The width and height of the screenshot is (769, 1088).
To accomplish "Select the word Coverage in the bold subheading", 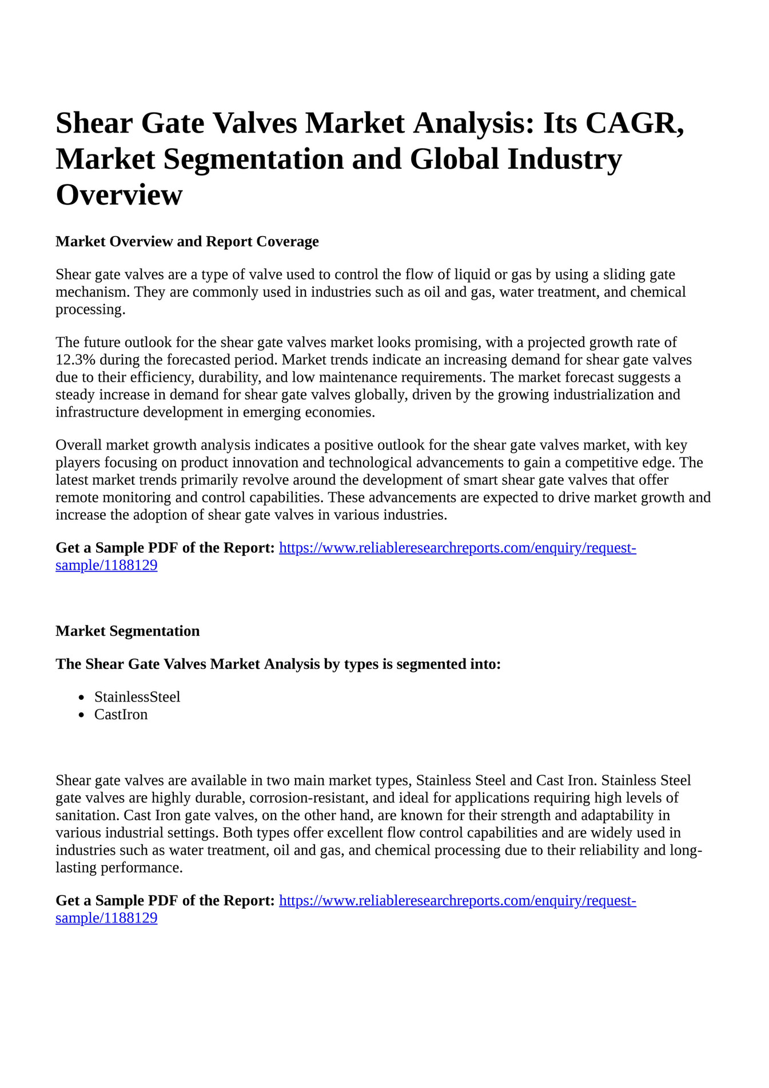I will [287, 241].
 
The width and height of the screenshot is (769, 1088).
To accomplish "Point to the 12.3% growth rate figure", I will [75, 360].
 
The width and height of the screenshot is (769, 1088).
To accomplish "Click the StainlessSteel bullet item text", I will [137, 697].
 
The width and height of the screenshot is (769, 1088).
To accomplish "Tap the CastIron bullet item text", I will [121, 715].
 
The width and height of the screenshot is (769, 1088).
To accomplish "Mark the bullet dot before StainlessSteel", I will [82, 698].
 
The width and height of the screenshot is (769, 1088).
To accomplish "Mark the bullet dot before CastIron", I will [82, 715].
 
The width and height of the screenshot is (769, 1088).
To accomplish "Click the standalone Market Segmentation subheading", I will [127, 631].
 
